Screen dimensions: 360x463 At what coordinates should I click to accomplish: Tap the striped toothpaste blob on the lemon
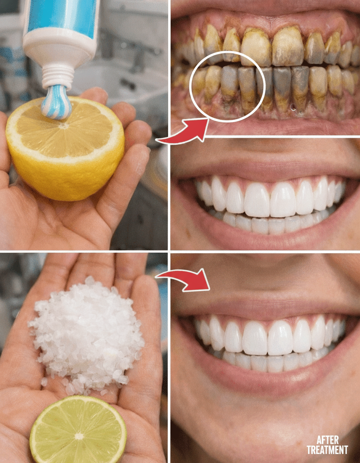tap(56, 102)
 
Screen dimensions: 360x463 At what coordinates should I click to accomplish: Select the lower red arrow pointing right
tap(184, 279)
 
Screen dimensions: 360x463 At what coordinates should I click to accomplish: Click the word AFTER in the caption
tap(328, 440)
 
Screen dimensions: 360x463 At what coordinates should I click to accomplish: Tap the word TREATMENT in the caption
tap(327, 450)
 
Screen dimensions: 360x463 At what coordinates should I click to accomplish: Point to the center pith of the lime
tap(79, 436)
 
